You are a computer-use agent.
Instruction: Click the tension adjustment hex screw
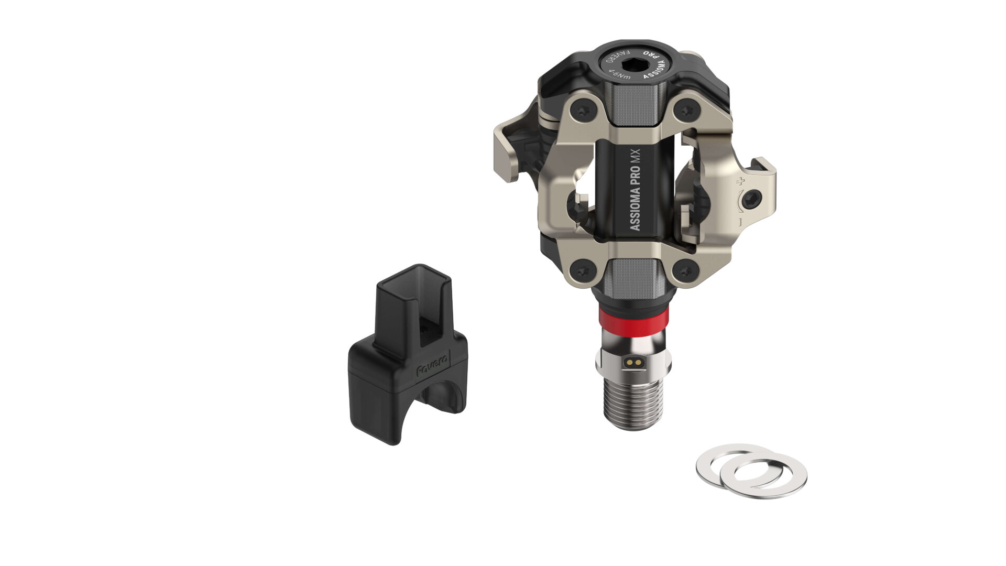(753, 198)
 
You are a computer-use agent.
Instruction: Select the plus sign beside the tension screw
(740, 182)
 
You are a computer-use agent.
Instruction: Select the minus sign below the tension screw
(740, 222)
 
